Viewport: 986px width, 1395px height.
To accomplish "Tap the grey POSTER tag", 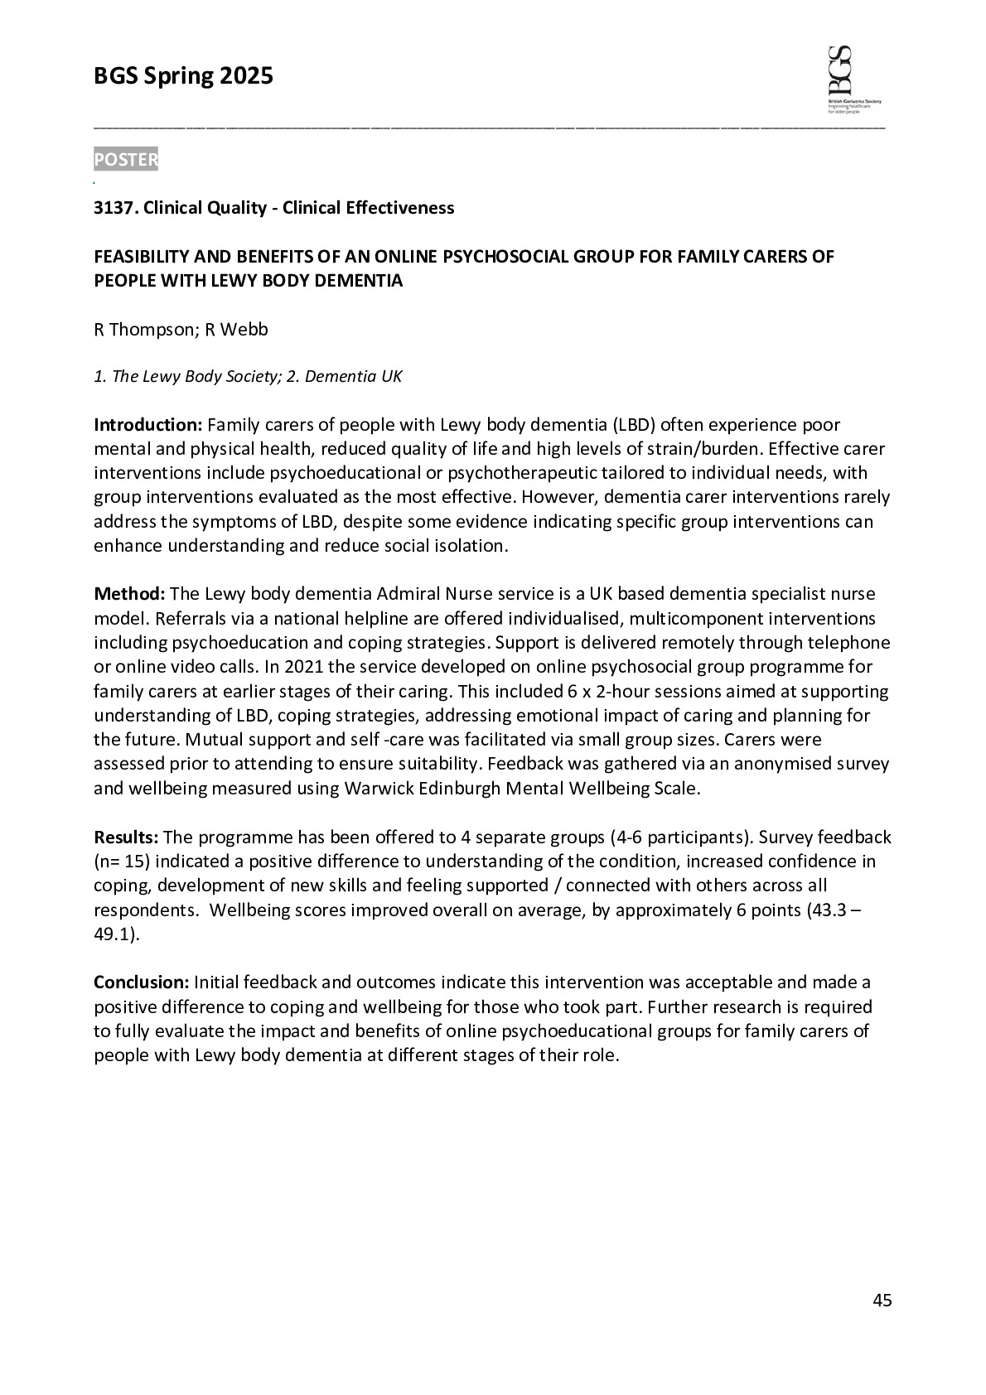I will click(125, 160).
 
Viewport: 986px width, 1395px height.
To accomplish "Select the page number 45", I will click(882, 1301).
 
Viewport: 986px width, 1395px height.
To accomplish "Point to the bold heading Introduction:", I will click(147, 426).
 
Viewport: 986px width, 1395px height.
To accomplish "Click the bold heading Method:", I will click(129, 594).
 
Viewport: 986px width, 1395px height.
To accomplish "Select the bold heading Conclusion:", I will click(142, 983).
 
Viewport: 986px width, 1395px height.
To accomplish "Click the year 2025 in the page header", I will click(246, 77).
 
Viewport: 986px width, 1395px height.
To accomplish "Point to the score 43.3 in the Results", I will click(828, 910).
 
